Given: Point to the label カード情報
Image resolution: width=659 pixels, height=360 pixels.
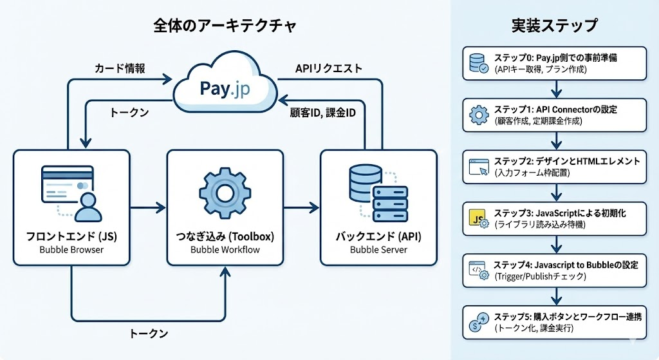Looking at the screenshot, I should pyautogui.click(x=119, y=68).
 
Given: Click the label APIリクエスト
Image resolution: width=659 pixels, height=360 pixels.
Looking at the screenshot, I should pyautogui.click(x=328, y=68).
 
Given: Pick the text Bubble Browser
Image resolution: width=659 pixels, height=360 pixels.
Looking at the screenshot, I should pyautogui.click(x=71, y=250).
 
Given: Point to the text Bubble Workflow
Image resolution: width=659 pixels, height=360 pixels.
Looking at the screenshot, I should pyautogui.click(x=225, y=250).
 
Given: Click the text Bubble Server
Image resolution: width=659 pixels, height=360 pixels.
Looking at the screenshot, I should pyautogui.click(x=378, y=250).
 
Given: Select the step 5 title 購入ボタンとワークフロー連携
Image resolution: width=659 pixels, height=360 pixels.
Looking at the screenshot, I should pyautogui.click(x=579, y=317).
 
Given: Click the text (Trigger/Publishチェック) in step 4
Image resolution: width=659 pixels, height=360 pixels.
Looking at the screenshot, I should pyautogui.click(x=541, y=276).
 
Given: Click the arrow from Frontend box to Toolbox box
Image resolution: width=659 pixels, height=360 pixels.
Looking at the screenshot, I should pyautogui.click(x=147, y=207).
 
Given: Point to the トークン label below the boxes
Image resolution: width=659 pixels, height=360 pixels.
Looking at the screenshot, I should pyautogui.click(x=149, y=334).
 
